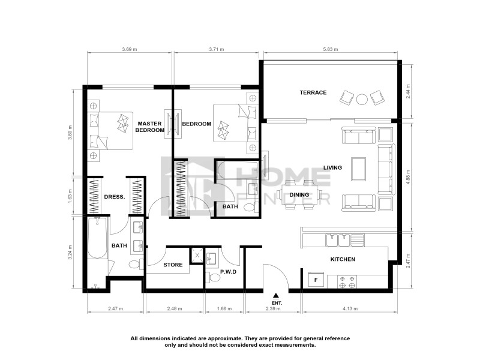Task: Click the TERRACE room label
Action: click(x=313, y=92)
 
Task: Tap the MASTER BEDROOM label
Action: click(x=149, y=127)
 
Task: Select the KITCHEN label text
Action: click(x=343, y=259)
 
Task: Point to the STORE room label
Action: click(x=173, y=264)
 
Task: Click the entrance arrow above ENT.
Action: click(x=276, y=295)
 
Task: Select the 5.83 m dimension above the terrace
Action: click(x=329, y=49)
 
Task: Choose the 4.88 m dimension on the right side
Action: click(x=408, y=178)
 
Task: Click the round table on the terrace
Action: click(x=362, y=99)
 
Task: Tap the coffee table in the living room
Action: click(x=359, y=169)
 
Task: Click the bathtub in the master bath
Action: click(x=97, y=238)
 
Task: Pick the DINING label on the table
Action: click(x=299, y=194)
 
